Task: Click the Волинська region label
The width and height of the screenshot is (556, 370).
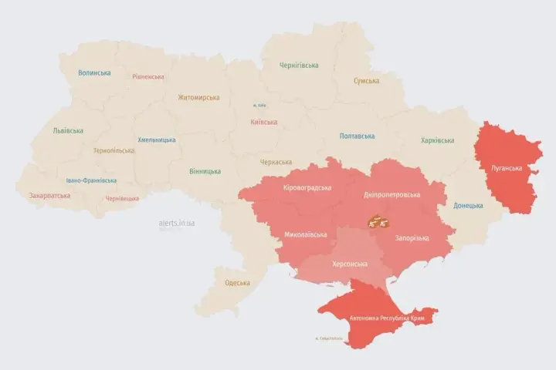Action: pos(94,73)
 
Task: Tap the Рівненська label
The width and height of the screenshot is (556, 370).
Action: pos(147,77)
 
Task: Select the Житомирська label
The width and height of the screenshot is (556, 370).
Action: pos(198,98)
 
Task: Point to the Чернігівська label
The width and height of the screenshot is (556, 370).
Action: pos(299,66)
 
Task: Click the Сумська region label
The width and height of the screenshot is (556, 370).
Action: pos(366,81)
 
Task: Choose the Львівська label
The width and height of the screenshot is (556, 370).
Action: pos(68,131)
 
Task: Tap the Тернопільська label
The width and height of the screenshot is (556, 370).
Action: pos(114,151)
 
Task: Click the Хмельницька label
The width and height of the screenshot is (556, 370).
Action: pos(156,140)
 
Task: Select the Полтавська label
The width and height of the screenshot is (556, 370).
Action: pos(358,136)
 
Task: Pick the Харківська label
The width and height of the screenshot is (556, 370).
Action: pos(437,141)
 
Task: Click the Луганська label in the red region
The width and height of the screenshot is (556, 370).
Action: pos(507,168)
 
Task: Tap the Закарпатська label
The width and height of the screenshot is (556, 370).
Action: pos(49,196)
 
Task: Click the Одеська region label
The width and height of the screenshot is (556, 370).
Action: pos(237,283)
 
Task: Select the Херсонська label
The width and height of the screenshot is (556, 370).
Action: pos(350,264)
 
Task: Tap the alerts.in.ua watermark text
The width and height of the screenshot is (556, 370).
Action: pos(176,223)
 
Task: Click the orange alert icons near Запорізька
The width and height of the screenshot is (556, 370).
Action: pos(377,222)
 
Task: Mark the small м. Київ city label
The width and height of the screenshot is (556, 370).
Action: pos(260,106)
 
